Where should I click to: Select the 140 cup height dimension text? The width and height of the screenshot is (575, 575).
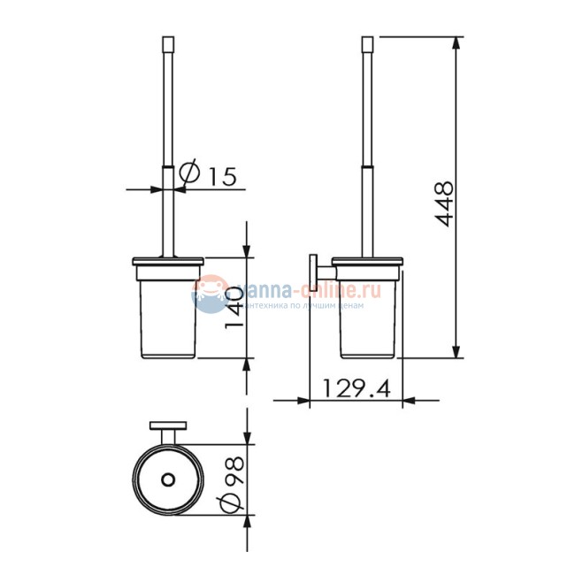point(234,306)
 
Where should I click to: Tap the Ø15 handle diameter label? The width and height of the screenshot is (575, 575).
point(208,175)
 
